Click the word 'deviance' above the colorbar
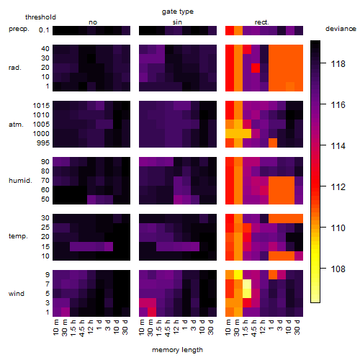coord(341,29)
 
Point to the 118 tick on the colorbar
coord(323,63)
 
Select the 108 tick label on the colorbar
coord(338,269)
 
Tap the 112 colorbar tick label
coord(338,186)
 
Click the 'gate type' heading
coord(178,12)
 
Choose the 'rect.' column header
coord(261,22)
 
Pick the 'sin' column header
coord(177,22)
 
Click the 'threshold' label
coord(40,17)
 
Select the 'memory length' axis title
coord(177,350)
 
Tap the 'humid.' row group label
coord(20,181)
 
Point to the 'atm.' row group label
coord(16,125)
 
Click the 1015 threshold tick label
coord(41,106)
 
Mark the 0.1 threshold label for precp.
coord(44,30)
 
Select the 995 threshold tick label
coord(43,143)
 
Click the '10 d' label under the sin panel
coord(202,327)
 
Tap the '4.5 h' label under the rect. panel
coord(254,328)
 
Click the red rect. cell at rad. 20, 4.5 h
coord(256,68)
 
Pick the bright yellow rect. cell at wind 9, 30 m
coord(238,275)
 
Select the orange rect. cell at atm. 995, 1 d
coord(273,143)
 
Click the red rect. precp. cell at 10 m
coord(230,30)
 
